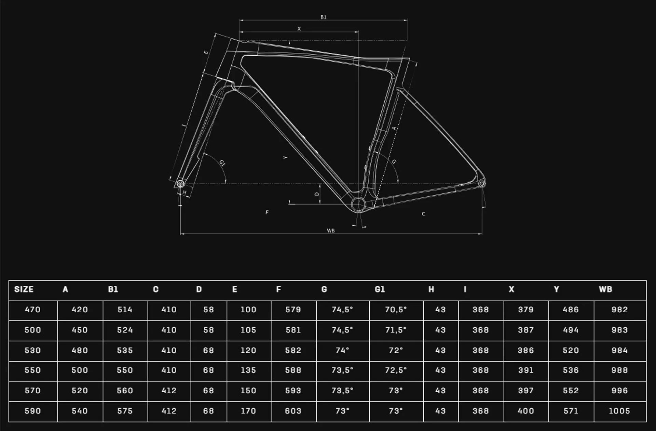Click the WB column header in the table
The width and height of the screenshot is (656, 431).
(x=605, y=289)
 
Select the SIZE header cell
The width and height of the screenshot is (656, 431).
(x=24, y=289)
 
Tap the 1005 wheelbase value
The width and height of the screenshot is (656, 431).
(x=619, y=411)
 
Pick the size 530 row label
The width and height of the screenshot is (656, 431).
(x=33, y=350)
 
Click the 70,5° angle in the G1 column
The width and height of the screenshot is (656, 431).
(x=396, y=310)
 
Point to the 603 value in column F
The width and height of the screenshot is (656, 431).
(x=293, y=411)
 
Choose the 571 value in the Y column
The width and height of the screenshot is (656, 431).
(x=571, y=411)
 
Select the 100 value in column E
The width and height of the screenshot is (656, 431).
(x=248, y=310)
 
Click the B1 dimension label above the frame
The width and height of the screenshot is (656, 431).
(x=323, y=17)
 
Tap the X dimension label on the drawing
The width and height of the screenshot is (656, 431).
(x=299, y=29)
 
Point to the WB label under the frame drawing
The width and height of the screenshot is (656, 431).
(x=331, y=231)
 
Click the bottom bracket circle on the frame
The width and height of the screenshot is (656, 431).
(x=358, y=205)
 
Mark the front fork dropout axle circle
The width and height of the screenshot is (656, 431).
(x=180, y=184)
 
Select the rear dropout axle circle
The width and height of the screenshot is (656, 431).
(x=481, y=184)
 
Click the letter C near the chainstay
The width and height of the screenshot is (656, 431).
(x=423, y=214)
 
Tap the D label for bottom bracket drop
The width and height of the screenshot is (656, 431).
(x=316, y=194)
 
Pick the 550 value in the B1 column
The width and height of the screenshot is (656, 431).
(x=125, y=370)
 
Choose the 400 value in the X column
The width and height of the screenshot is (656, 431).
(x=525, y=411)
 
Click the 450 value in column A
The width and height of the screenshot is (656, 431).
(x=80, y=330)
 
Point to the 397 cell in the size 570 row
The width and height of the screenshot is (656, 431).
(x=525, y=391)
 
